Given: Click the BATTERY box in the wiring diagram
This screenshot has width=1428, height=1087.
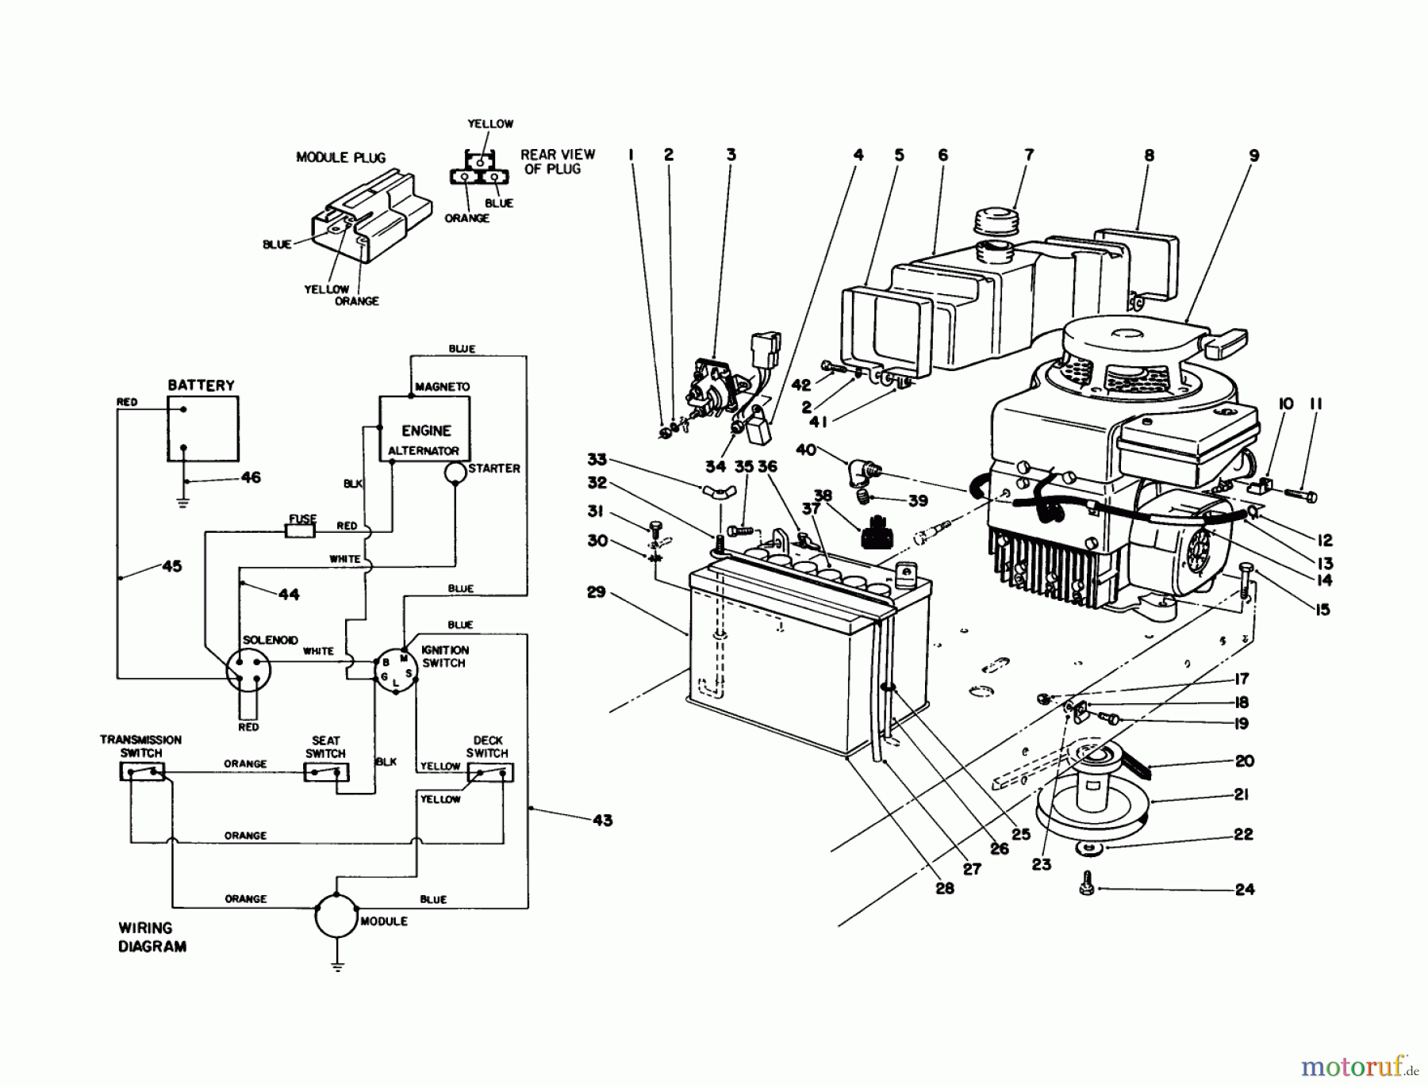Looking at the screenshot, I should [202, 428].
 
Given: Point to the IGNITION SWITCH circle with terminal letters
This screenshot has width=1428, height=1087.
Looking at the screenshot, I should [395, 672].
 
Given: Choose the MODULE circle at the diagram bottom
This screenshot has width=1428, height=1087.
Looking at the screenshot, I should [336, 917].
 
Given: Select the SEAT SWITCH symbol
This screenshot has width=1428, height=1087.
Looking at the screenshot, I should [326, 772].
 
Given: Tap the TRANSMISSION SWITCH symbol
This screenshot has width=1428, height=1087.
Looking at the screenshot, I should [142, 771].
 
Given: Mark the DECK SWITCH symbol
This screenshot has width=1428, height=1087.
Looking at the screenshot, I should [489, 772].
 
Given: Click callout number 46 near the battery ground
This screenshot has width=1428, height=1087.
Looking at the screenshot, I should [251, 477].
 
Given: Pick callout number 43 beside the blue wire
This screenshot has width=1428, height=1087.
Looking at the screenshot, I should [602, 820].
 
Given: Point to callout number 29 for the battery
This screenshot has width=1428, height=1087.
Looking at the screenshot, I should [597, 591].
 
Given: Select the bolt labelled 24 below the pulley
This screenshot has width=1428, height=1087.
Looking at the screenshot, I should [1088, 887].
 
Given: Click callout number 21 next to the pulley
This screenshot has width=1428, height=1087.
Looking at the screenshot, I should [1242, 794].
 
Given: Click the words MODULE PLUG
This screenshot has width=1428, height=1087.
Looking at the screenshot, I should [340, 157].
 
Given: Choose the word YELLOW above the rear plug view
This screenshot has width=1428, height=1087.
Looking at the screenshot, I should [490, 124].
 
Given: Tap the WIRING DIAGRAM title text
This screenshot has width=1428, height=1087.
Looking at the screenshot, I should [152, 936].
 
